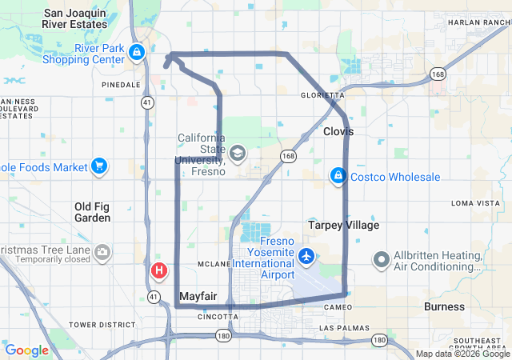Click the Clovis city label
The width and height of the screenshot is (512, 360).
(x=338, y=131)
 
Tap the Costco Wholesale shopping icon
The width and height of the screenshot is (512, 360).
(x=338, y=175)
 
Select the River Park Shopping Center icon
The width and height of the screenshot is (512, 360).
(x=137, y=53)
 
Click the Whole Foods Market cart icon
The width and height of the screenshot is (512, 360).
(x=99, y=166)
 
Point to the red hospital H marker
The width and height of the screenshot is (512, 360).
(x=158, y=270)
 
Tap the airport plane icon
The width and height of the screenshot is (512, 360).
(x=306, y=256)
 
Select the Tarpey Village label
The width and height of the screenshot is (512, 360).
(x=344, y=225)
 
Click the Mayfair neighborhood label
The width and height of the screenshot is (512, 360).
(x=198, y=296)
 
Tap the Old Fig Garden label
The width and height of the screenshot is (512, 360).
(x=92, y=212)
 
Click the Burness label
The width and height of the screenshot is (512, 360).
(x=444, y=306)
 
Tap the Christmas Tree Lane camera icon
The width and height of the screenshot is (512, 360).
(x=102, y=254)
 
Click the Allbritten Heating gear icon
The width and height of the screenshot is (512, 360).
(x=382, y=259)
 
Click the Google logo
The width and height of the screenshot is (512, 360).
(x=26, y=350)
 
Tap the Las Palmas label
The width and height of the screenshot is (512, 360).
(x=344, y=328)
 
